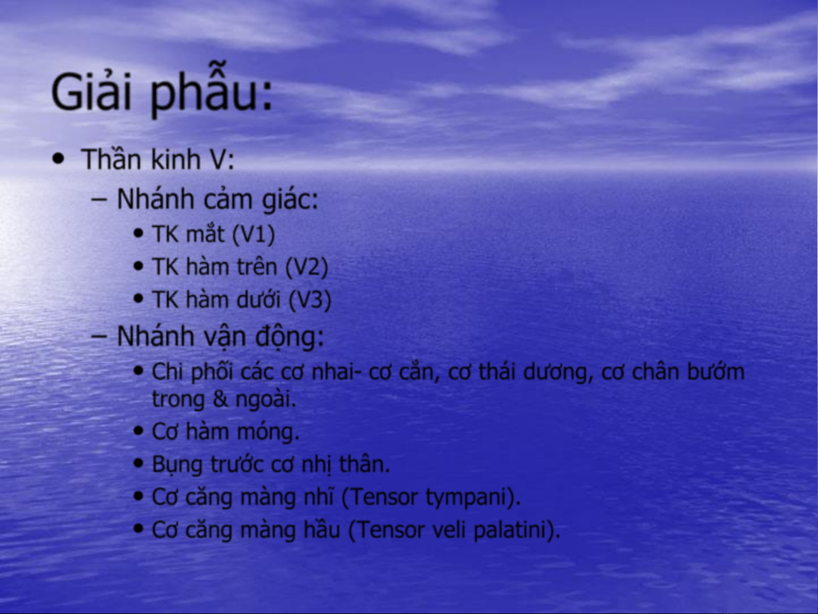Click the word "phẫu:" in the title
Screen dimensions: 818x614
(x=211, y=92)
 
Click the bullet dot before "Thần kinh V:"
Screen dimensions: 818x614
(x=58, y=159)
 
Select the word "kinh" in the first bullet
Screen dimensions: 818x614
(x=175, y=159)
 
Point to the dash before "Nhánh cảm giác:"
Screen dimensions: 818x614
(x=99, y=200)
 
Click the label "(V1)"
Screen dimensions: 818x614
(x=253, y=235)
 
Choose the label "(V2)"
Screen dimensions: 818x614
(x=307, y=268)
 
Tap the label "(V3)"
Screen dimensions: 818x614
(x=310, y=300)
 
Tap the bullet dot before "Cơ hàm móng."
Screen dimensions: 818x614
(x=139, y=431)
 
